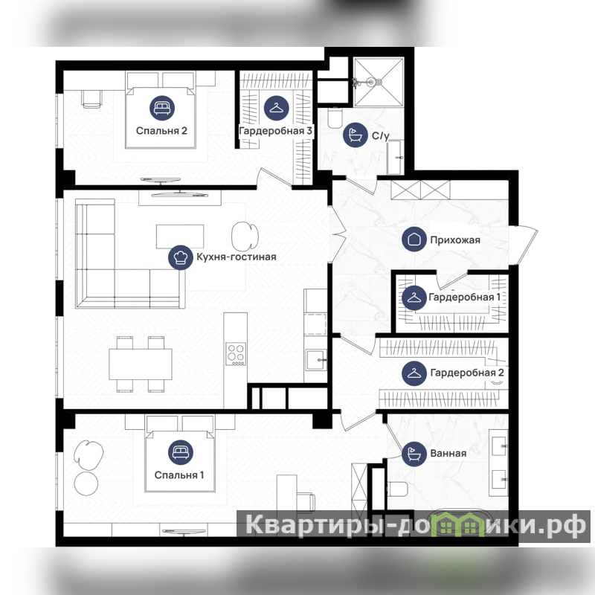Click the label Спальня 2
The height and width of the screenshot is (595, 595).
[161, 131]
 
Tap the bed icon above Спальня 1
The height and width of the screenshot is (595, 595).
[181, 452]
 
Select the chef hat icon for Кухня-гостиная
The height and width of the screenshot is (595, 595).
[181, 257]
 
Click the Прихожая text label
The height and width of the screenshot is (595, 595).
[455, 239]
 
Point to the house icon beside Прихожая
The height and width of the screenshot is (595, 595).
[414, 239]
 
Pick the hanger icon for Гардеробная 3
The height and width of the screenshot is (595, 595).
[276, 108]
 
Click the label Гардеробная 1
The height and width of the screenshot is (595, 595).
[464, 297]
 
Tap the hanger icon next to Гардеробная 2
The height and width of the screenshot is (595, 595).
[414, 373]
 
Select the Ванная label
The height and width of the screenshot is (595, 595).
[448, 454]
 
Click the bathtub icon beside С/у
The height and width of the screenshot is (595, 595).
[356, 135]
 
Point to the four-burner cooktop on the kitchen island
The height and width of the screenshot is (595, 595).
[236, 354]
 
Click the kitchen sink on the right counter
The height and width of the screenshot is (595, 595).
[316, 360]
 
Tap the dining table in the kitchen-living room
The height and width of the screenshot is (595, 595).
[141, 364]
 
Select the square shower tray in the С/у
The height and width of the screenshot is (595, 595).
[379, 82]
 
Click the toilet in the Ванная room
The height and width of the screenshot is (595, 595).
[397, 489]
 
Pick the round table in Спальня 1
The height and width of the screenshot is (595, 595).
[86, 483]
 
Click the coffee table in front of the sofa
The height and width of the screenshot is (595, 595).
[180, 237]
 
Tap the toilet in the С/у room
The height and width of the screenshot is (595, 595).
[335, 118]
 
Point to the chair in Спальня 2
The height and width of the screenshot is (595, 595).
[91, 99]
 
